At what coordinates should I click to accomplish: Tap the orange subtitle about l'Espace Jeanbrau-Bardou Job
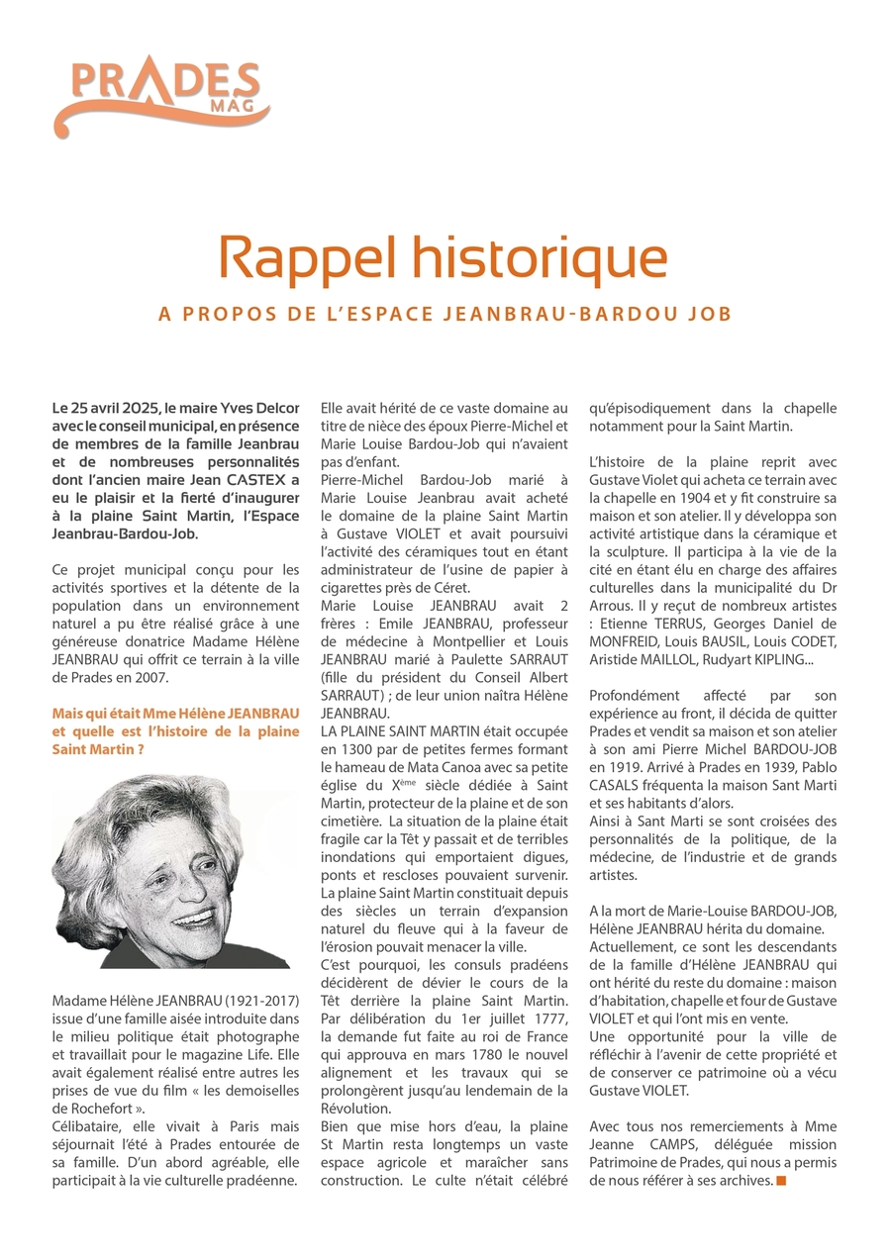click(x=445, y=314)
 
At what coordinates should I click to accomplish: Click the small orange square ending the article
click(x=781, y=1181)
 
